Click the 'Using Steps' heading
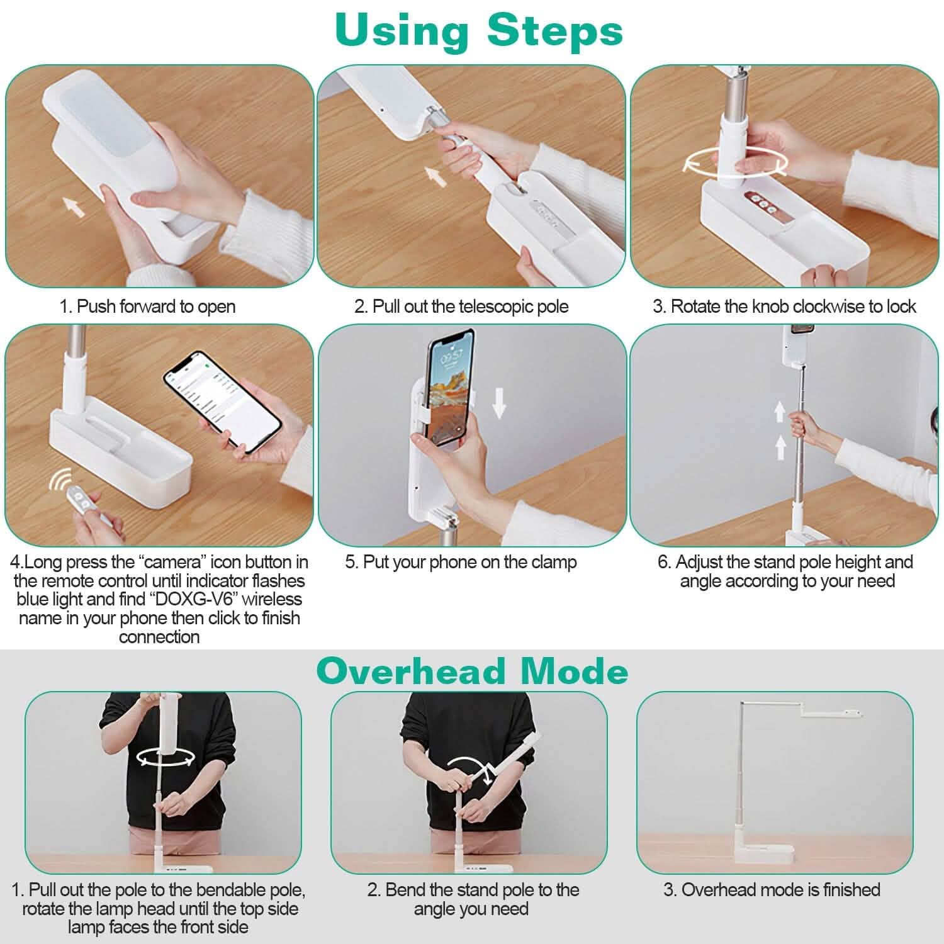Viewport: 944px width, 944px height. (x=479, y=30)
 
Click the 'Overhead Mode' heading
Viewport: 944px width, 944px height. (x=473, y=671)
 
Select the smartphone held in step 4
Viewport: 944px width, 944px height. (x=222, y=400)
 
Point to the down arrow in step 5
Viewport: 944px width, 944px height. (x=499, y=403)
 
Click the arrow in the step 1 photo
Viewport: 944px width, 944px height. (x=74, y=206)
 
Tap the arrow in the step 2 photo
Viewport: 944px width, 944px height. (x=434, y=176)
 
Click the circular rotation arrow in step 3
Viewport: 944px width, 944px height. (x=735, y=162)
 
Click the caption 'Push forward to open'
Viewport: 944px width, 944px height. (x=156, y=306)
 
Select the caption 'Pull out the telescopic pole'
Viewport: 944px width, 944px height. (x=470, y=306)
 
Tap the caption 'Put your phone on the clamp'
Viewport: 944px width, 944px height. (x=469, y=562)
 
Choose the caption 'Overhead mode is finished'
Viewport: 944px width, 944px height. (x=781, y=890)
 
